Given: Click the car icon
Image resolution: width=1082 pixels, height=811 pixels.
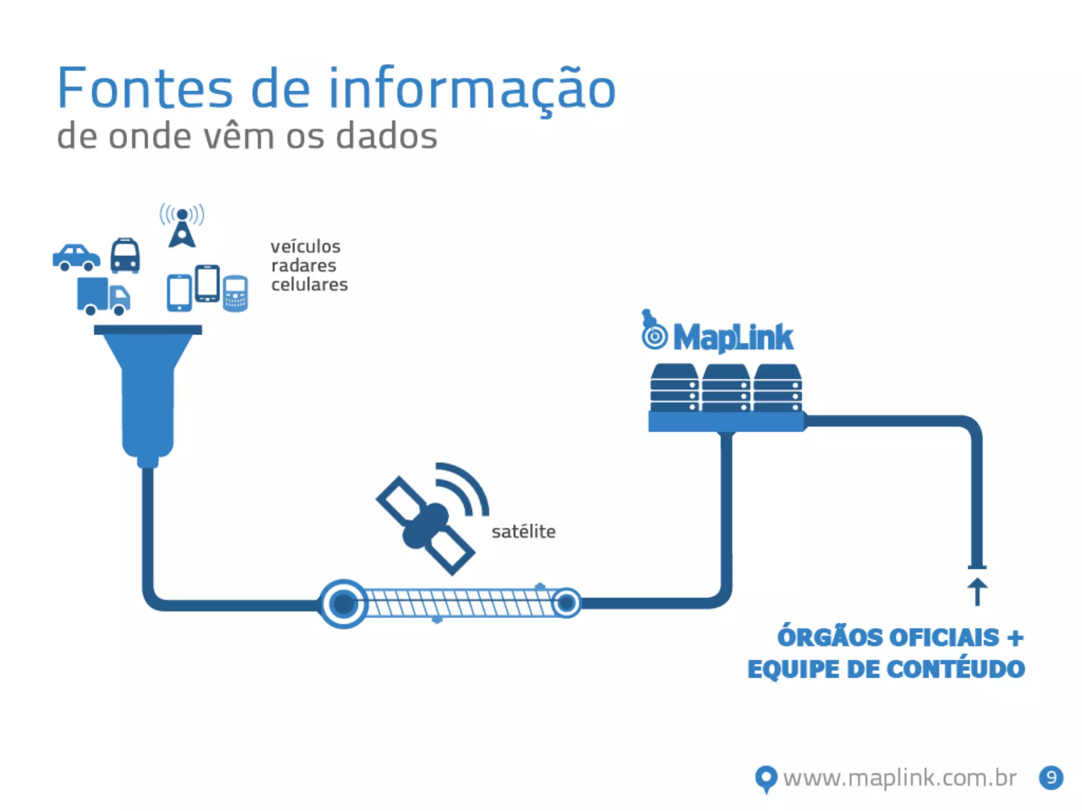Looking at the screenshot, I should coord(77,257).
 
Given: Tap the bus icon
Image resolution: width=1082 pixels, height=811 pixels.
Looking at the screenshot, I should coord(125,256).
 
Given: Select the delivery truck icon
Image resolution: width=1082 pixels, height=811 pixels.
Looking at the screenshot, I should coord(104,296).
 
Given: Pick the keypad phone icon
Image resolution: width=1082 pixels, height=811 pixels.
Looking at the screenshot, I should coord(235,294).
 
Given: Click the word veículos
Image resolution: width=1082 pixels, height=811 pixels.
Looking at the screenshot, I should coord(305,247).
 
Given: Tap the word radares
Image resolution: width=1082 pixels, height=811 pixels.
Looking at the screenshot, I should coord(304,266).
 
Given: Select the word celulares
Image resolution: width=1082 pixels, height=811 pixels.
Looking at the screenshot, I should coord(310,285).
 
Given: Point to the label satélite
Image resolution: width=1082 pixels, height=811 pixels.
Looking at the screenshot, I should coord(524,532).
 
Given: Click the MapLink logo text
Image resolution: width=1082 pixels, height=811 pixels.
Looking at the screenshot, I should coord(733,338).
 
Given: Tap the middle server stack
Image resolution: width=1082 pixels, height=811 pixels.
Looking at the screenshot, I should coord(726,388).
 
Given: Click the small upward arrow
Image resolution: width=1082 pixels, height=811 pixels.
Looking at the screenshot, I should coord(977,591).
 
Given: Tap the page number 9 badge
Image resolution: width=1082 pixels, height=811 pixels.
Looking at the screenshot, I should coord(1051,778).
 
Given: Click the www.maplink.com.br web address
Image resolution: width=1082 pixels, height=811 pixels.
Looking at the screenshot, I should coord(900,778).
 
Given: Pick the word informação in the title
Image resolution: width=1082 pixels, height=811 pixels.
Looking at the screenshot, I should coord(472,89).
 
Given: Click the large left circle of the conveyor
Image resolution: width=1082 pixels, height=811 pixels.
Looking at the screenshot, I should coord(344,603).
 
